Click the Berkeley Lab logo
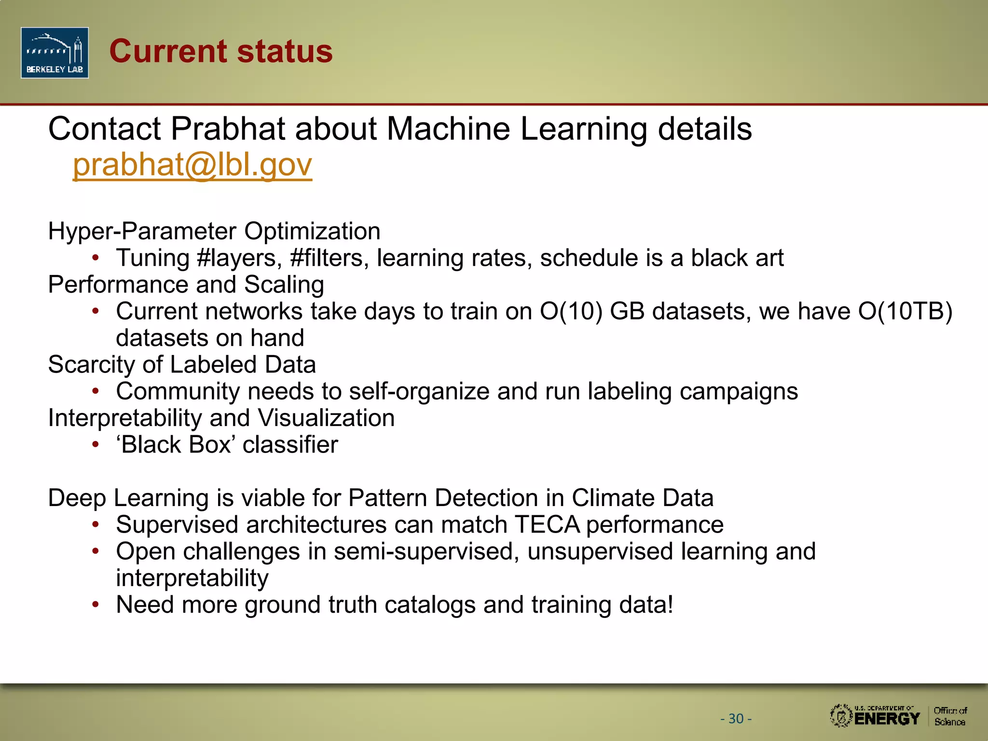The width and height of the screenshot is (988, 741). pyautogui.click(x=55, y=53)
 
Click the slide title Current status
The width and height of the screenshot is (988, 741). pyautogui.click(x=221, y=51)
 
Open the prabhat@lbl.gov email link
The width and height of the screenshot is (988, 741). pyautogui.click(x=192, y=165)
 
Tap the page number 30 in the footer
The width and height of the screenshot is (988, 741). pyautogui.click(x=736, y=719)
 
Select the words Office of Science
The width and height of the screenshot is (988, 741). pyautogui.click(x=950, y=716)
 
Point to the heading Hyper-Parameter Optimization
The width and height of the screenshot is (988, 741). pyautogui.click(x=214, y=231)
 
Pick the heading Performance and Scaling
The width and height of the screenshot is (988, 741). pyautogui.click(x=186, y=285)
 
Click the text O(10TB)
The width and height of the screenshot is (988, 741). pyautogui.click(x=905, y=311)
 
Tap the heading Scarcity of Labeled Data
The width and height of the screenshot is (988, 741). pyautogui.click(x=182, y=365)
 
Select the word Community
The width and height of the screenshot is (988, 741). pyautogui.click(x=178, y=391)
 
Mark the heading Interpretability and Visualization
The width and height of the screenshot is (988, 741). pyautogui.click(x=221, y=418)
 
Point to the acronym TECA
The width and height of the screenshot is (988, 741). pyautogui.click(x=547, y=525)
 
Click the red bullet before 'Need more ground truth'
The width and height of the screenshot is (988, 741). pyautogui.click(x=96, y=604)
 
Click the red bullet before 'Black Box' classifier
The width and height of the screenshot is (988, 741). pyautogui.click(x=96, y=445)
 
